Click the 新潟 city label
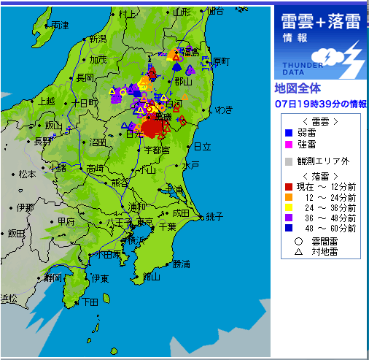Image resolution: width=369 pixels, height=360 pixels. click(96, 38)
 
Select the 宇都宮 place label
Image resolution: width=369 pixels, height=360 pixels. click(156, 150)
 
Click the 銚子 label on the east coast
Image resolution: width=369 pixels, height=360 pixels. click(214, 216)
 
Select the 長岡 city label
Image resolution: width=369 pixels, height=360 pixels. click(84, 77)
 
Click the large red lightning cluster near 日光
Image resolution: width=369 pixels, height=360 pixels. click(152, 128)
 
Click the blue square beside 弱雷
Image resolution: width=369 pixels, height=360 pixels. click(288, 133)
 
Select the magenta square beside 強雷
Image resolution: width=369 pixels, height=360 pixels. click(288, 145)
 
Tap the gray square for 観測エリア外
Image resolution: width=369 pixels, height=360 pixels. click(288, 161)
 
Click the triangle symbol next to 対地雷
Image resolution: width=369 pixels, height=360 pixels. click(298, 250)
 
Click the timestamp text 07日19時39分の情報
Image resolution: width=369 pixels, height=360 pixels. click(321, 104)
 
